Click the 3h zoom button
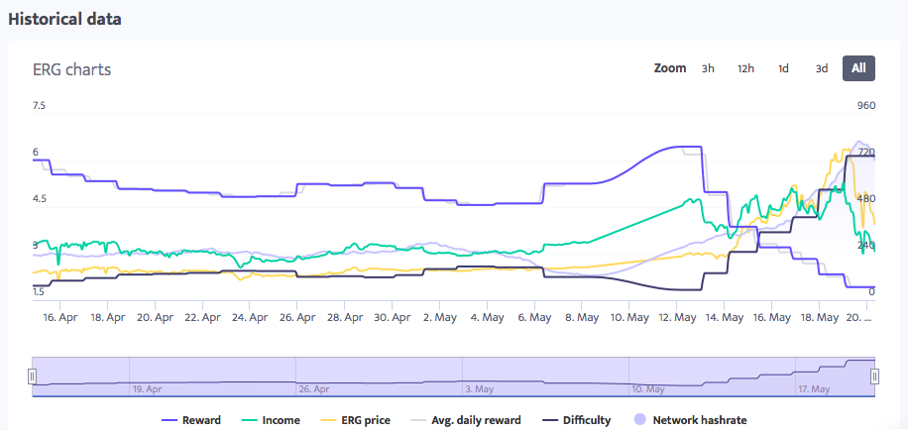tap(708, 68)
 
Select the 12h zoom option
tap(745, 68)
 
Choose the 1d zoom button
tap(783, 68)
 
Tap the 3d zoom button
tap(822, 68)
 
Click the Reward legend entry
tap(191, 420)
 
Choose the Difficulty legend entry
tap(576, 420)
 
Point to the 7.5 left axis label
tap(40, 106)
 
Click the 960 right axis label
tap(866, 106)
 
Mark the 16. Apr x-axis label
tap(60, 318)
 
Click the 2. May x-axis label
tap(439, 318)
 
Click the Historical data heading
tap(65, 19)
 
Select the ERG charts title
tap(71, 69)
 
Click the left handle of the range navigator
tap(32, 377)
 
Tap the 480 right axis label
tap(865, 199)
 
